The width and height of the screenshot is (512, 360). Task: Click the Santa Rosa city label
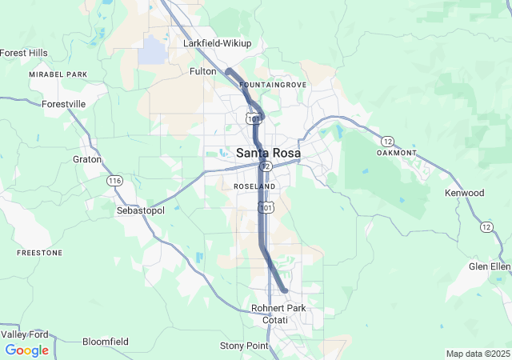click(x=268, y=153)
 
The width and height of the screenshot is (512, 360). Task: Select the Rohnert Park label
click(x=278, y=308)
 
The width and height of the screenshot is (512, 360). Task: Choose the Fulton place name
click(x=202, y=71)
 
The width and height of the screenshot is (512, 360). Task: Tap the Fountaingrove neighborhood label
click(x=272, y=84)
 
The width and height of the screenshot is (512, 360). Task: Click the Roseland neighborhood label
click(x=254, y=186)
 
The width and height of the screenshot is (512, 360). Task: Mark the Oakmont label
click(x=397, y=153)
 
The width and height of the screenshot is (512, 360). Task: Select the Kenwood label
click(x=465, y=193)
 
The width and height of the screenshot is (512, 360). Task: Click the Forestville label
click(x=64, y=104)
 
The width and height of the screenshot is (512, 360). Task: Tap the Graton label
click(x=87, y=159)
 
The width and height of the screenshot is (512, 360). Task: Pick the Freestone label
click(x=40, y=253)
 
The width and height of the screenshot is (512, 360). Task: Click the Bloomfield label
click(x=106, y=342)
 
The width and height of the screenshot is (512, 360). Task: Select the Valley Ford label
click(x=24, y=334)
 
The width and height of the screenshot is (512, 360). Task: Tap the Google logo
click(x=26, y=350)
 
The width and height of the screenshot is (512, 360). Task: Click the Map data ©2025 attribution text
click(x=478, y=354)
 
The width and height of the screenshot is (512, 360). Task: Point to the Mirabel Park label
click(x=58, y=74)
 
